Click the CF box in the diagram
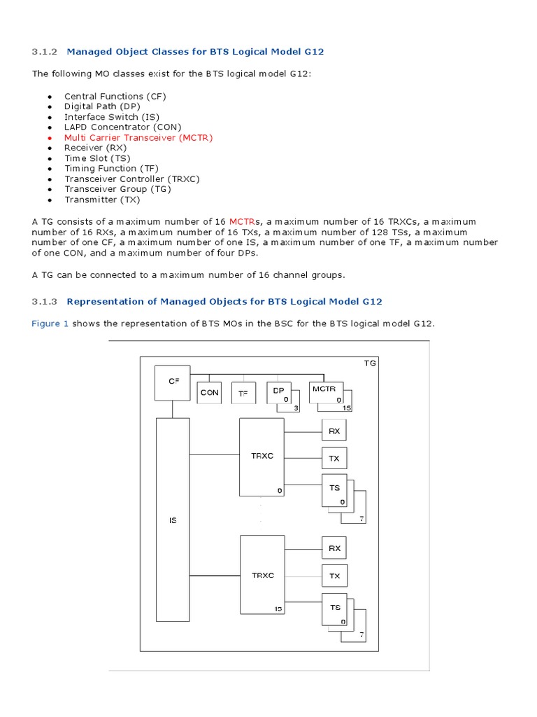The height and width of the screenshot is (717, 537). click(173, 382)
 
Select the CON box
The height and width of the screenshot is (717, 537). click(209, 393)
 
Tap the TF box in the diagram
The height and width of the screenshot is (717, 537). click(243, 393)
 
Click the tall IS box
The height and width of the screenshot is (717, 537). click(173, 520)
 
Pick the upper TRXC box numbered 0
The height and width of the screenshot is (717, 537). click(262, 456)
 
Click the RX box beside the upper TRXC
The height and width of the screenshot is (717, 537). click(334, 431)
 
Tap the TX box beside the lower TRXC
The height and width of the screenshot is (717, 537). click(334, 576)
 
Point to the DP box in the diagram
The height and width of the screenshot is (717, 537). click(280, 393)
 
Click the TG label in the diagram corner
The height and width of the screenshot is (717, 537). click(370, 363)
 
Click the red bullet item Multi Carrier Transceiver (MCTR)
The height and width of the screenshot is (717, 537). click(138, 137)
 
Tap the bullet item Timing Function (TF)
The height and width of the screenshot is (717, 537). click(111, 168)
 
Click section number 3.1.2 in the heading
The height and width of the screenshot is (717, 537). click(47, 51)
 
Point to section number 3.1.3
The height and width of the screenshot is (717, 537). click(47, 301)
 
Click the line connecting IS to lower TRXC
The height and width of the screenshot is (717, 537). click(215, 576)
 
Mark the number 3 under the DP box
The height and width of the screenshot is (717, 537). click(296, 408)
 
